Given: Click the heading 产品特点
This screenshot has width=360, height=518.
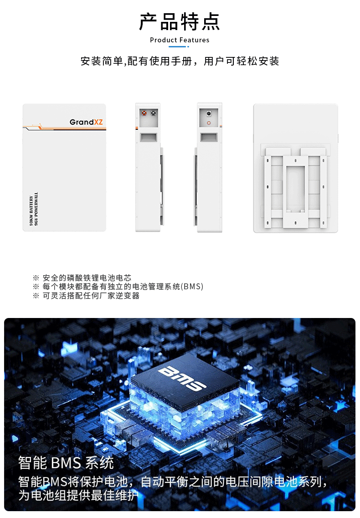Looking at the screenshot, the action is point(180,22).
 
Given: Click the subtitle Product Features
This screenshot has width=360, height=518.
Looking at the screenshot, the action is point(180,40).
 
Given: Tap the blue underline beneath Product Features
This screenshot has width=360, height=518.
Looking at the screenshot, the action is point(179,46).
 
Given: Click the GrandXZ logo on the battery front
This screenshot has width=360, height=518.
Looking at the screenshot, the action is point(86,122).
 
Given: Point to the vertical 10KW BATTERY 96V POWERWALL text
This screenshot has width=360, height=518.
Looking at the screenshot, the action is point(33,209).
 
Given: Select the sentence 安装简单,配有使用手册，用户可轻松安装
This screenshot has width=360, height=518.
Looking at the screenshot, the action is point(180,61).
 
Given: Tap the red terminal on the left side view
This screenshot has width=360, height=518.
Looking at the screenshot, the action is point(144,113).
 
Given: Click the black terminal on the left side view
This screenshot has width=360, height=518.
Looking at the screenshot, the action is point(154,113).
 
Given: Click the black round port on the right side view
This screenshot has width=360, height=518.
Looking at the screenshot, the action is point(209,114).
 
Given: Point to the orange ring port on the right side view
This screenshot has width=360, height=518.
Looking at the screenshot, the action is point(209,123).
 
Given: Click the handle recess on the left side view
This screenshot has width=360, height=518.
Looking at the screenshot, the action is point(149,138).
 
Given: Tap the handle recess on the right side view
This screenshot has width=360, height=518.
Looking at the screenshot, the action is point(209,138).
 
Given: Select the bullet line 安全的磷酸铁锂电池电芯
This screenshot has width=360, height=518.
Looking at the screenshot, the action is point(87,278).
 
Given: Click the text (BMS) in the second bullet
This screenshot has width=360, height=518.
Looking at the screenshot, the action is point(192,287).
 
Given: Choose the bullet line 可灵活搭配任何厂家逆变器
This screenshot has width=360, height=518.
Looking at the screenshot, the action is point(91,295).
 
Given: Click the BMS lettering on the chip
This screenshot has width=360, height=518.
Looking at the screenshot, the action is point(182,378).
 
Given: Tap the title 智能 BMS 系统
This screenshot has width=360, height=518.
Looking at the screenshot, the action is point(66,463).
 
